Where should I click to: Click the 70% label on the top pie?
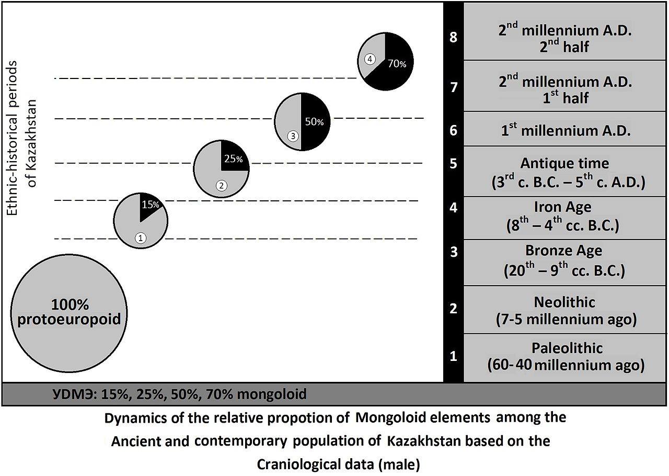tap(397, 63)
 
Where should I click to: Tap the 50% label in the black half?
tap(315, 122)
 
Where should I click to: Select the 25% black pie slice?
tap(234, 159)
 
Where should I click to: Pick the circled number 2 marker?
tap(221, 186)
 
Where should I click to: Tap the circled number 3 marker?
tap(292, 136)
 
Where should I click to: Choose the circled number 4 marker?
tap(370, 59)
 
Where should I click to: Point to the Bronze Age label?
tap(564, 251)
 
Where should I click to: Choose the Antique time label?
tap(564, 163)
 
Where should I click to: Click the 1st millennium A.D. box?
tap(565, 129)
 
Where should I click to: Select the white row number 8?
tap(453, 38)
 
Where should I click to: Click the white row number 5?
tap(453, 164)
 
